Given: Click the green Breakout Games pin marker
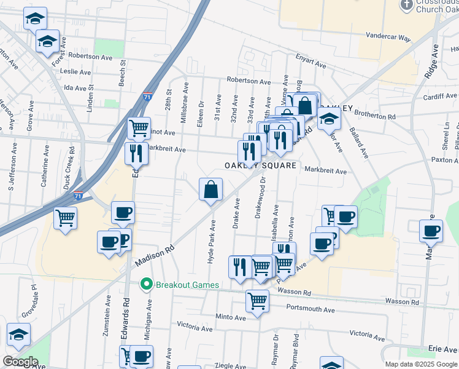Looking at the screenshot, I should click(146, 285).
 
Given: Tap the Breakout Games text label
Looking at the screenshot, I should click(183, 285).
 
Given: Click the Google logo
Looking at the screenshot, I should click(20, 362).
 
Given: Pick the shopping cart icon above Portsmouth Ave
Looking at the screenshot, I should click(257, 301).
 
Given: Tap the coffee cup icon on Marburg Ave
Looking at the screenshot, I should click(431, 231).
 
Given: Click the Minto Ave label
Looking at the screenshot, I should click(231, 317).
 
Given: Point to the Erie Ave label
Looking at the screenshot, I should click(442, 349).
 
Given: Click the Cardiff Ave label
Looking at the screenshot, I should click(441, 96).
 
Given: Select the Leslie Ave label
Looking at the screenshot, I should click(77, 71).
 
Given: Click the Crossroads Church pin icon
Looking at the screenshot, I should click(406, 5).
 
